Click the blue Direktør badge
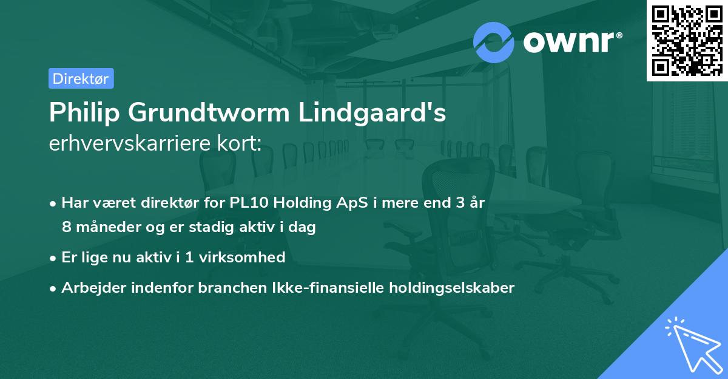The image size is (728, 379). click(x=81, y=78)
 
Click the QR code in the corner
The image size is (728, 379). click(x=686, y=40)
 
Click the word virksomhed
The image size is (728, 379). click(x=248, y=258)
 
